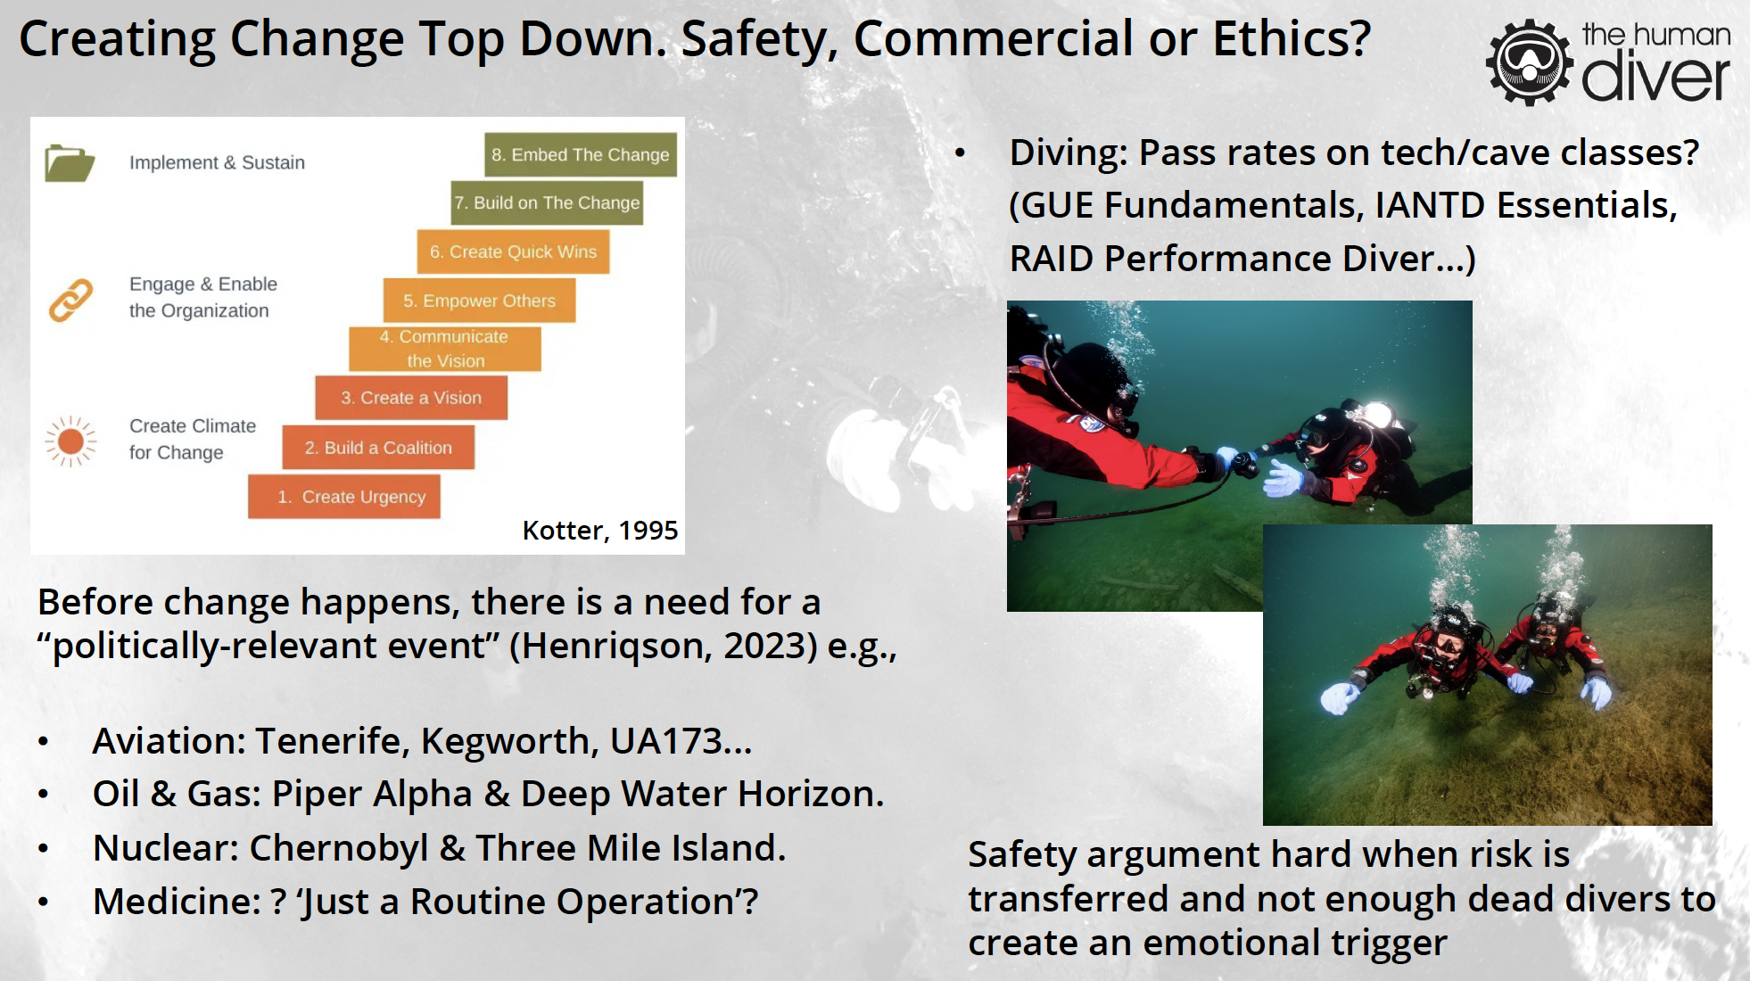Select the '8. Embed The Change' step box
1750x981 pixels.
[581, 154]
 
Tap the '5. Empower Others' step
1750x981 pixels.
[479, 301]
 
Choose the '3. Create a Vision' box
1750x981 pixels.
[411, 398]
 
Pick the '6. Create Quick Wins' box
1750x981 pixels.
[513, 251]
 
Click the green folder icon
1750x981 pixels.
[70, 162]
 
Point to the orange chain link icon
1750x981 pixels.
[70, 300]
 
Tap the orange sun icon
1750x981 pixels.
[70, 441]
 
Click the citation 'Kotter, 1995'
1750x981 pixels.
[600, 531]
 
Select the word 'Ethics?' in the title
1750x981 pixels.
[1292, 39]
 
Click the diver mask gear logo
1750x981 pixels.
[1530, 62]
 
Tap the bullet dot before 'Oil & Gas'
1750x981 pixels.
[43, 794]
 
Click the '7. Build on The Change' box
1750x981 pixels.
[547, 202]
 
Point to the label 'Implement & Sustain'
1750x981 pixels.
[217, 162]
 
